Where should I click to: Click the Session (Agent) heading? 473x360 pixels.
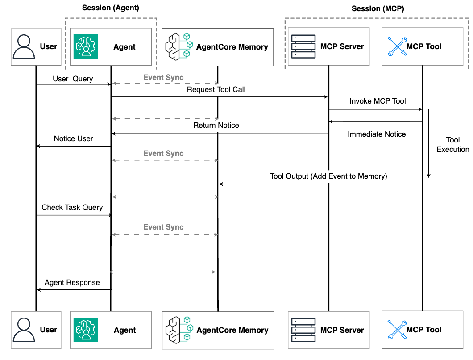pyautogui.click(x=111, y=8)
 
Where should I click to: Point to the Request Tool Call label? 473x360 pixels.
pyautogui.click(x=216, y=89)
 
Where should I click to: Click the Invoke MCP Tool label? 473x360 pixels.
pyautogui.click(x=378, y=101)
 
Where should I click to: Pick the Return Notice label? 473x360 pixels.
pyautogui.click(x=216, y=125)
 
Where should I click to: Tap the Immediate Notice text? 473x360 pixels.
pyautogui.click(x=377, y=134)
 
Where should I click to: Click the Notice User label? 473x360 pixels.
pyautogui.click(x=74, y=138)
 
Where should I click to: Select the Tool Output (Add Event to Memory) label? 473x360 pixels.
pyautogui.click(x=328, y=176)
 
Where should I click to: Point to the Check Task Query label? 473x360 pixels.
pyautogui.click(x=72, y=207)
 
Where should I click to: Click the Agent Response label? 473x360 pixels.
pyautogui.click(x=72, y=282)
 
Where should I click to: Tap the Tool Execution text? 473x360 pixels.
pyautogui.click(x=452, y=145)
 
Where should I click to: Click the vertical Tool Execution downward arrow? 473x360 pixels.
pyautogui.click(x=429, y=143)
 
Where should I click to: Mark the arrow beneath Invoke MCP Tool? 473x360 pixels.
pyautogui.click(x=375, y=109)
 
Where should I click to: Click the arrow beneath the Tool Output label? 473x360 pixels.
pyautogui.click(x=320, y=184)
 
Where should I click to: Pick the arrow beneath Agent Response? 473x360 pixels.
pyautogui.click(x=74, y=290)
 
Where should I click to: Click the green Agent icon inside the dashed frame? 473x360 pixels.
pyautogui.click(x=85, y=47)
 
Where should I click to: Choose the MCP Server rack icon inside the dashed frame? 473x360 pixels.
pyautogui.click(x=303, y=46)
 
